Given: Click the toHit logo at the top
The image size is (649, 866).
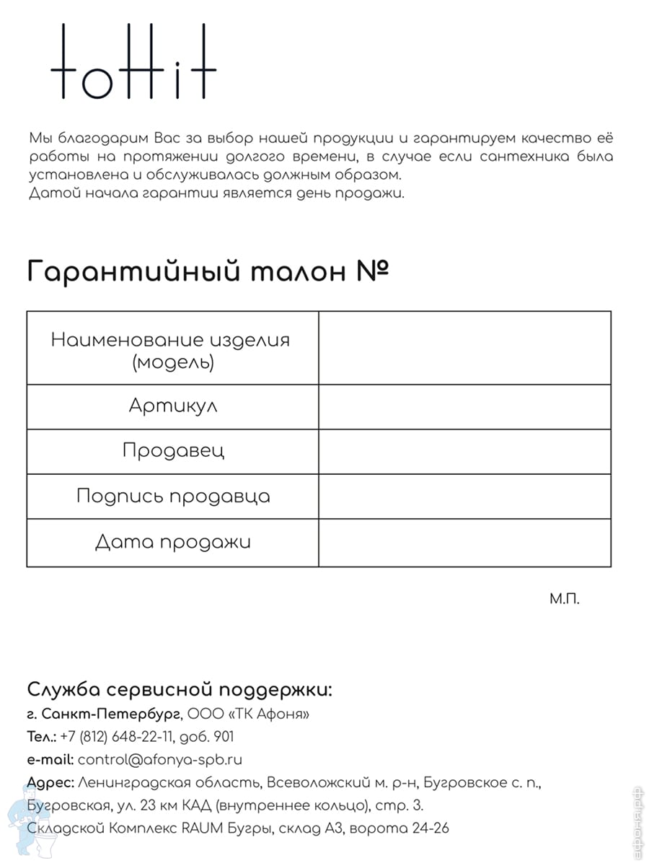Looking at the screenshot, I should point(134,62).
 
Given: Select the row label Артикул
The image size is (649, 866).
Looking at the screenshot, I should point(173,406).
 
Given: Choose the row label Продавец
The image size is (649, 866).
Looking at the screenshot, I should point(173,451).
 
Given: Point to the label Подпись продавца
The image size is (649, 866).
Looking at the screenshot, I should point(173,497).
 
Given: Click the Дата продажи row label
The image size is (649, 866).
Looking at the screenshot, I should point(173,542).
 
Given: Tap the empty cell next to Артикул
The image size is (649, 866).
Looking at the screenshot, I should point(464,407).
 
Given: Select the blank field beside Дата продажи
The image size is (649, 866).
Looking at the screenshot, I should point(464,543).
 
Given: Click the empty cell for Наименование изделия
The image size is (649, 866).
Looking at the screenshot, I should point(464,348).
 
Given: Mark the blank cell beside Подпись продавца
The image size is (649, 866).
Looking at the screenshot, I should point(464,497).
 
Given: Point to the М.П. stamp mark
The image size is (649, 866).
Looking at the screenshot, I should point(564,599).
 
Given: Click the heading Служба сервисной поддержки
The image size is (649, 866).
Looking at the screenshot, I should point(180,690).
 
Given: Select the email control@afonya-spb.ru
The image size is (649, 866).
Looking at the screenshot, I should point(159,759).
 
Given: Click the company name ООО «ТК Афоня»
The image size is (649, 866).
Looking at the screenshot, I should point(249,714).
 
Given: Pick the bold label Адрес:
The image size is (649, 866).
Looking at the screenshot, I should point(50,782).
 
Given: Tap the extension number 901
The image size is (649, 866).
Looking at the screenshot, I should point(224,737).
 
